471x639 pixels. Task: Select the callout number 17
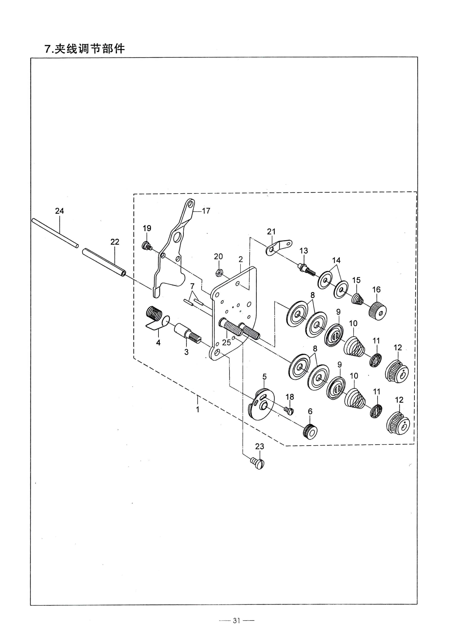click(x=206, y=211)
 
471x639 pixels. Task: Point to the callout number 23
click(x=259, y=446)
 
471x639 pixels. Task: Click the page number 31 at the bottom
click(x=236, y=618)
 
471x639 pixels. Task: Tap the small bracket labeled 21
click(x=279, y=246)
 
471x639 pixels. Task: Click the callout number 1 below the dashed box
click(x=198, y=409)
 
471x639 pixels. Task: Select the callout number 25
click(x=226, y=342)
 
